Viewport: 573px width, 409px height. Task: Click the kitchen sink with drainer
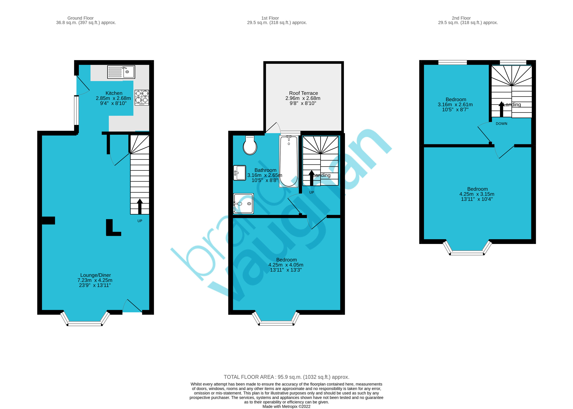click(x=121, y=72)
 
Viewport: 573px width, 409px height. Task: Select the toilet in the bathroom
click(x=250, y=145)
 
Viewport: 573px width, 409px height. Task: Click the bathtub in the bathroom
click(x=289, y=161)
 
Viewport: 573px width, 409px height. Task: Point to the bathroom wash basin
click(x=240, y=173)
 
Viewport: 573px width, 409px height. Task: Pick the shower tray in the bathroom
click(x=243, y=204)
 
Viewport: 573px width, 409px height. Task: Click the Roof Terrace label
click(x=303, y=93)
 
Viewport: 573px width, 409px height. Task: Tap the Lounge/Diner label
click(x=96, y=275)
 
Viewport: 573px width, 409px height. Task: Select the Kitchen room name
click(x=114, y=93)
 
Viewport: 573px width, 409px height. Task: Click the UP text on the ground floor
click(x=140, y=221)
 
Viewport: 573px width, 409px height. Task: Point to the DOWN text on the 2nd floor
click(x=502, y=124)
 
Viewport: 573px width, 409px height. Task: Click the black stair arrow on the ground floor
click(x=140, y=206)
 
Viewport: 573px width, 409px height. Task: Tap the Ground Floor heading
click(x=81, y=18)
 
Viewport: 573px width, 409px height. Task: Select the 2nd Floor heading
click(x=461, y=18)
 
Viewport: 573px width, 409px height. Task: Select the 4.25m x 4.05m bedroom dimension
click(x=286, y=265)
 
